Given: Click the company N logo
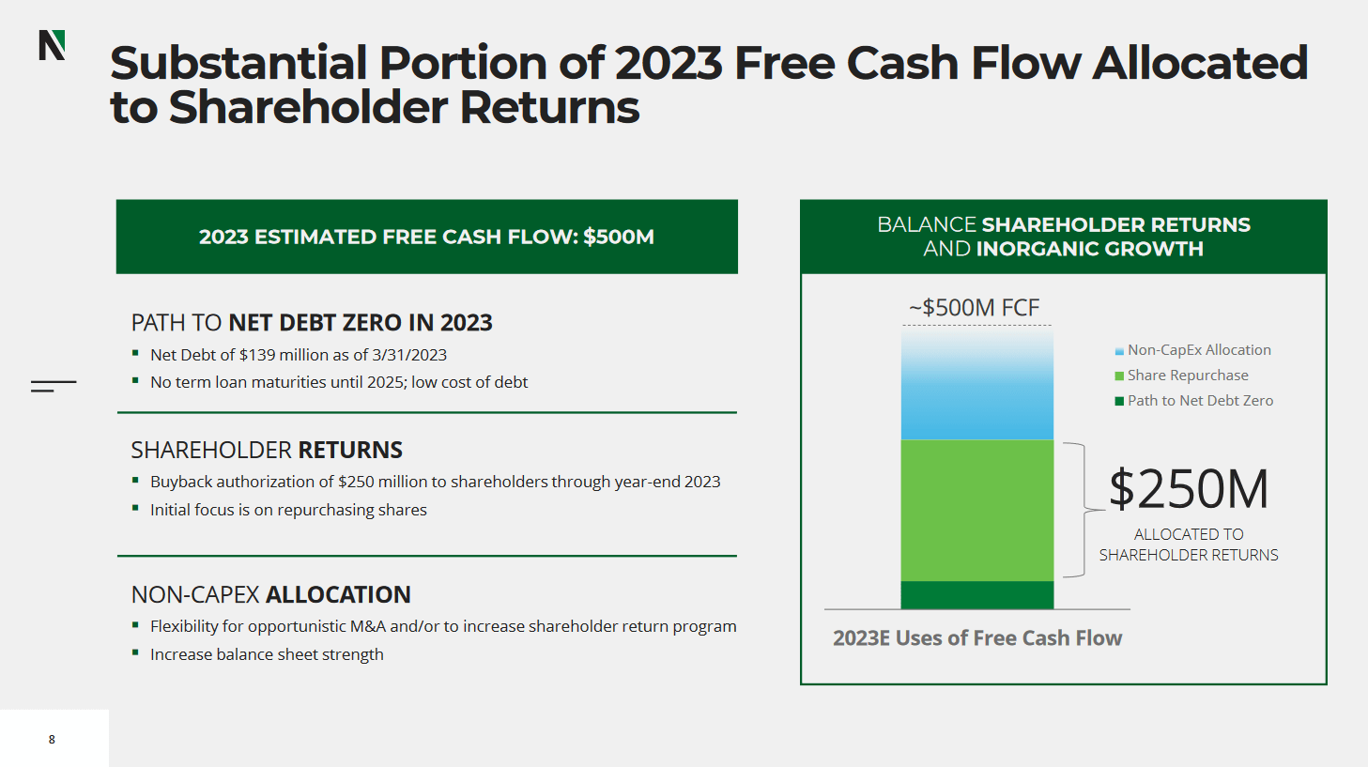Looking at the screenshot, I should [x=52, y=45].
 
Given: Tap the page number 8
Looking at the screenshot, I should [x=52, y=740].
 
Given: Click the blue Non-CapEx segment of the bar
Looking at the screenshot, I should [x=976, y=385].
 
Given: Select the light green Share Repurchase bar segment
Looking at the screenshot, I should [x=976, y=510].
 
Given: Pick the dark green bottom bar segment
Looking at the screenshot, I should [x=976, y=595].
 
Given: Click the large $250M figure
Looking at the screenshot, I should [x=1188, y=489].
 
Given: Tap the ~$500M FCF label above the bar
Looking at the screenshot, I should [x=974, y=308].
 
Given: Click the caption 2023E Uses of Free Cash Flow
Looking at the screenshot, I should [x=976, y=638].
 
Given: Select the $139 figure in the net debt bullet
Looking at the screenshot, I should [x=258, y=355].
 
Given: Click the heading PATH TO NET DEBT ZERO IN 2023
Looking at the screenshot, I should [x=312, y=323].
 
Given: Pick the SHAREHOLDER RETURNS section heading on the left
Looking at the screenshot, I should [x=267, y=451].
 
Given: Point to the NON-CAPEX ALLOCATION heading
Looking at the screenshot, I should [x=270, y=595].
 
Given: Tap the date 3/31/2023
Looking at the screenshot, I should [x=409, y=355].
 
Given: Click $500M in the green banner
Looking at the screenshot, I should [x=618, y=238].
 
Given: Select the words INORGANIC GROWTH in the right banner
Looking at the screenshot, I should [x=1089, y=249].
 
